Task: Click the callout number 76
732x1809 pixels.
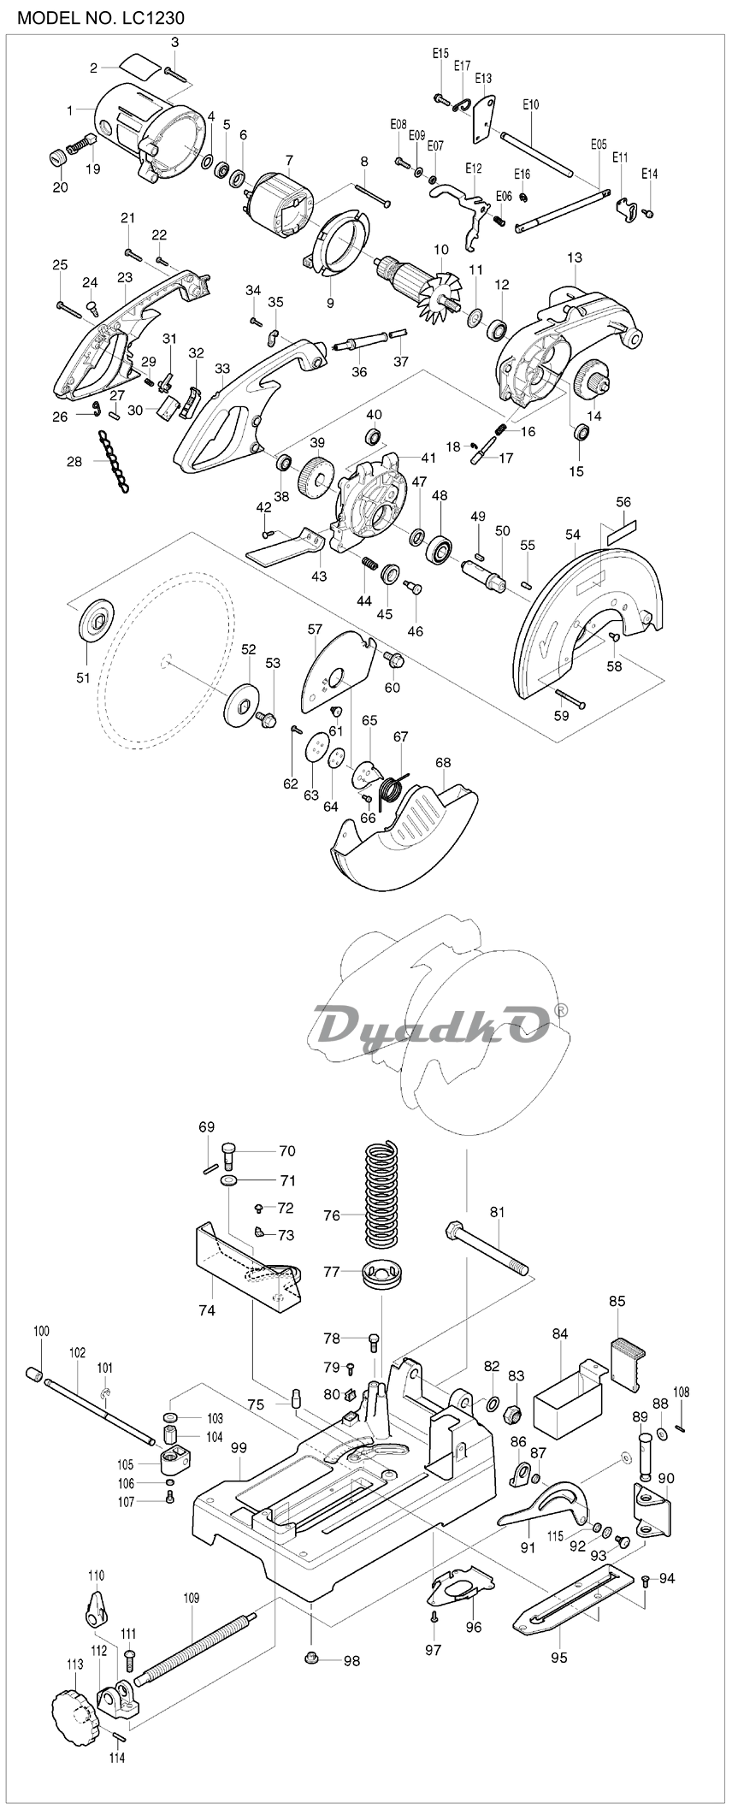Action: [332, 1215]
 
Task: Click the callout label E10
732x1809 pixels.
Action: [530, 104]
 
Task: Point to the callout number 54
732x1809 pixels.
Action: [572, 535]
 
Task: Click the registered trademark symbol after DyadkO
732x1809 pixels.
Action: [561, 1010]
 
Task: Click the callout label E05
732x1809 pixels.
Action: [599, 145]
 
